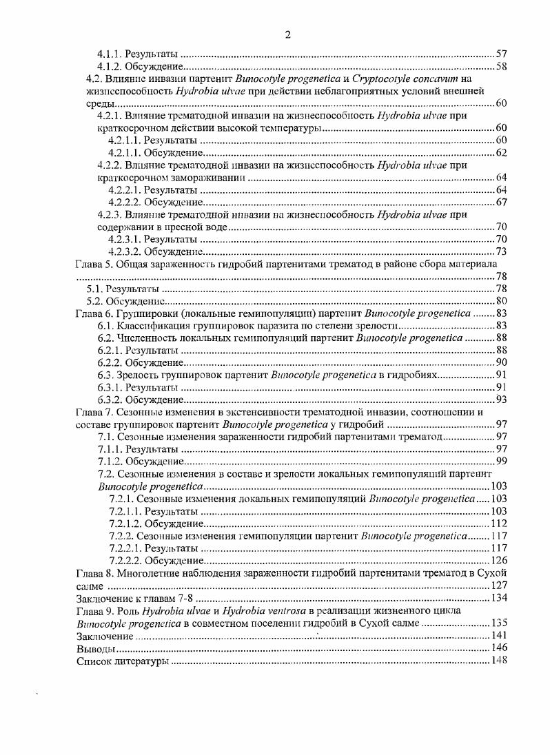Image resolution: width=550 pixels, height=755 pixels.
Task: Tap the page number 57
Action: [501, 54]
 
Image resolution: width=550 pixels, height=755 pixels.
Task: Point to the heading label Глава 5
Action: [92, 264]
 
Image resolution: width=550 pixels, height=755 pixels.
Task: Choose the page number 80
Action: [501, 301]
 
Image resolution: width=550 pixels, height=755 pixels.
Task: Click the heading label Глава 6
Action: [92, 313]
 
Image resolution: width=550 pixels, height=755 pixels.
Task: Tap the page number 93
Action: [501, 400]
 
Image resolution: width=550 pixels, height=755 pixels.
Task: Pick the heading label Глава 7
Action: [92, 412]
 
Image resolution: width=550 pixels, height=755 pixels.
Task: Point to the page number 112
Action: [498, 523]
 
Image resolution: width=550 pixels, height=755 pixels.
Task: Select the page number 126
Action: [498, 560]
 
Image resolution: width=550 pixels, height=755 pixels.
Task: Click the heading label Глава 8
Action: [92, 572]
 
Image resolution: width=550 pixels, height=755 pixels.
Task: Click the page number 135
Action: [498, 622]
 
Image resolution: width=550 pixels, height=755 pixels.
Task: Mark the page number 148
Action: [498, 661]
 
